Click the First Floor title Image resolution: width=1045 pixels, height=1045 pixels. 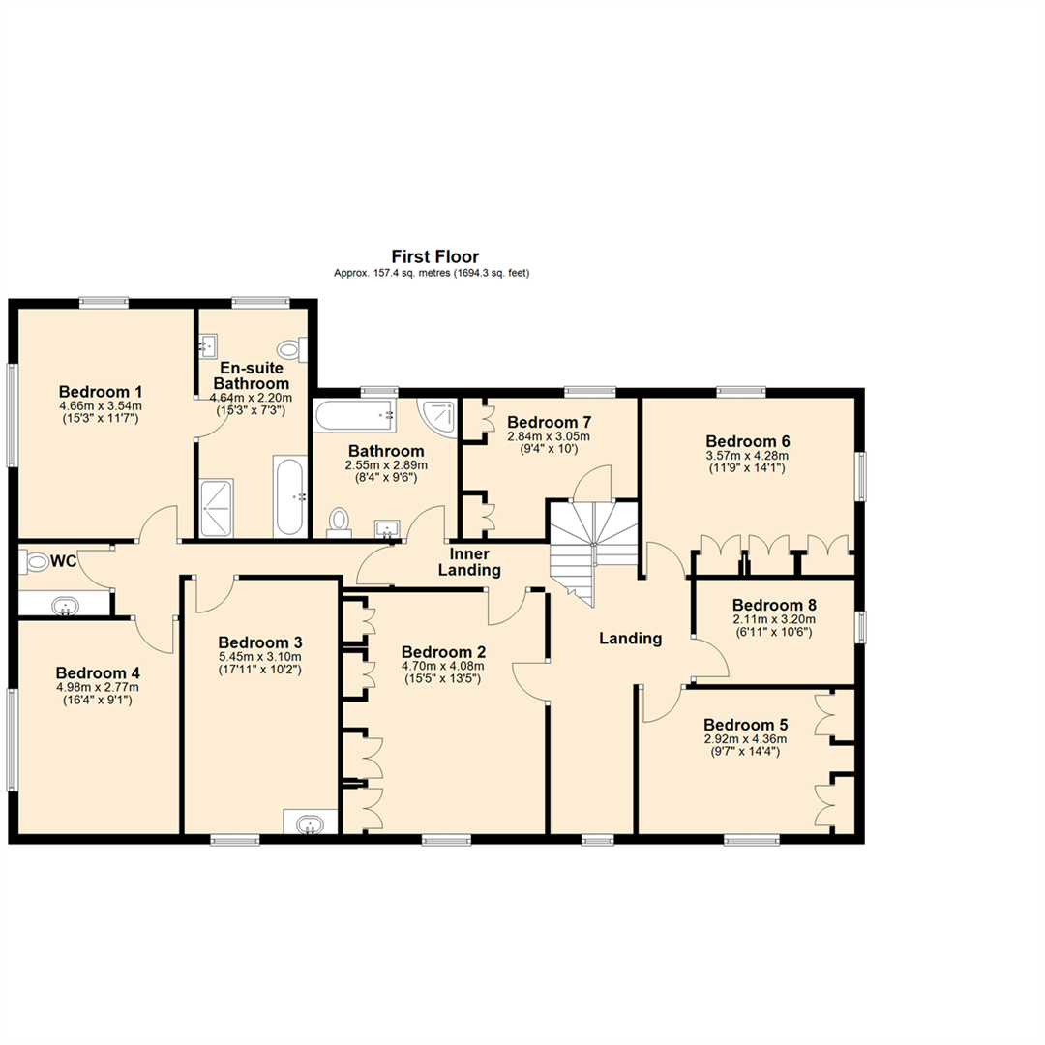[x=434, y=256]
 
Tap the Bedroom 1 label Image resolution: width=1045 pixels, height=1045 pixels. [x=100, y=392]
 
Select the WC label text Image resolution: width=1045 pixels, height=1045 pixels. [x=64, y=561]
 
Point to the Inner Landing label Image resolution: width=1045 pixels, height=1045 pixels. [x=474, y=562]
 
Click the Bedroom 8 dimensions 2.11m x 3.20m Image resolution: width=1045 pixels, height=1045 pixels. [x=774, y=619]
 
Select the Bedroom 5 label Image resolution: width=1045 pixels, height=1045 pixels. [x=745, y=725]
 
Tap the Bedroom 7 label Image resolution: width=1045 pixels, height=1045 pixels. [x=549, y=423]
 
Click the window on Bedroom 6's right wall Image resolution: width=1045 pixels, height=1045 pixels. [x=860, y=475]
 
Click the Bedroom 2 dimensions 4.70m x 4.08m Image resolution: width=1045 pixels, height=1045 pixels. [x=442, y=666]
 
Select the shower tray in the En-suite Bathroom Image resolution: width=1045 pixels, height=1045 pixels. [x=217, y=508]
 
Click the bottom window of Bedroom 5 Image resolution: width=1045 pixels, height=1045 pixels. [x=753, y=839]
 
